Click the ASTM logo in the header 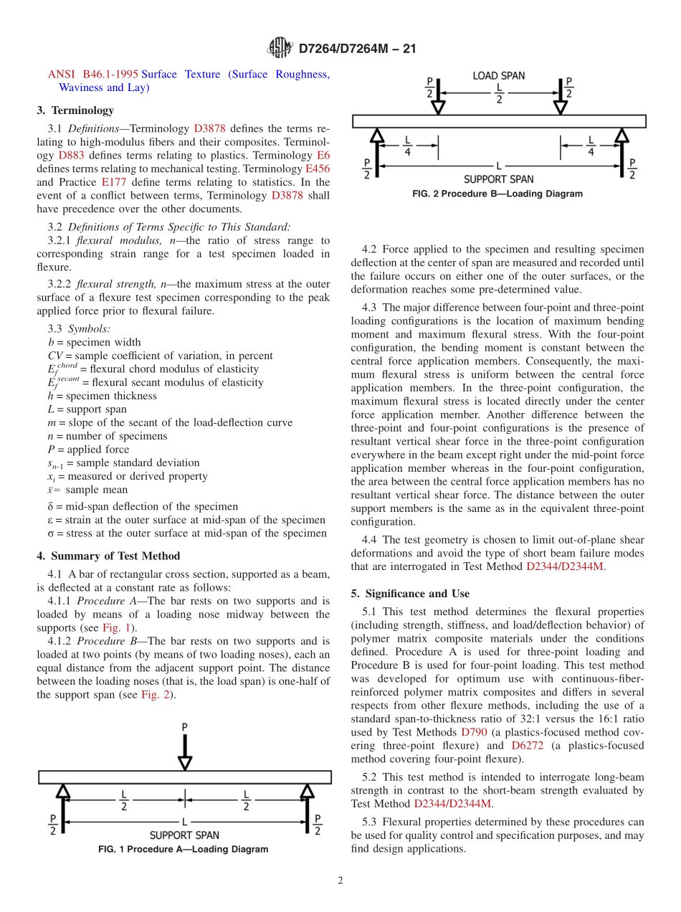(x=280, y=48)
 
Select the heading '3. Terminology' (x=75, y=110)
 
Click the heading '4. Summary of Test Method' (x=108, y=556)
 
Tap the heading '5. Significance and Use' (x=410, y=594)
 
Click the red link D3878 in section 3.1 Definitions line (x=209, y=129)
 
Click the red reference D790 (x=473, y=732)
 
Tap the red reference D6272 (x=527, y=746)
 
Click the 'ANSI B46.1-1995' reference (x=92, y=75)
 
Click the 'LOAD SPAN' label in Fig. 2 (x=498, y=75)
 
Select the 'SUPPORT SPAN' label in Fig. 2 (x=498, y=179)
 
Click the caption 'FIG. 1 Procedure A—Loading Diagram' (x=184, y=850)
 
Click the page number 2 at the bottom (x=340, y=881)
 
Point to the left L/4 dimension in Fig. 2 (x=408, y=146)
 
